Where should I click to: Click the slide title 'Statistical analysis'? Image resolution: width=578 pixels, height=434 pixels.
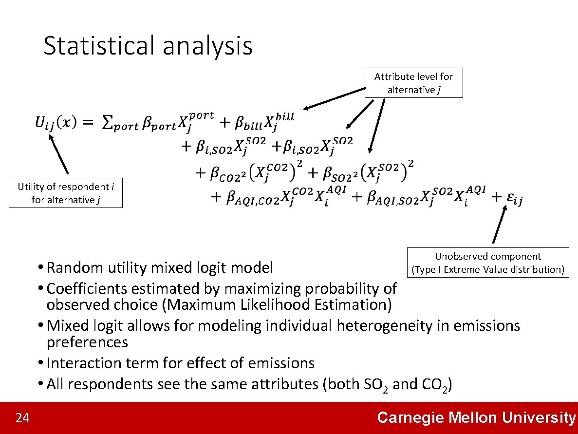coord(148,46)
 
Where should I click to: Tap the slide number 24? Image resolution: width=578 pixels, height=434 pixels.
coord(22,418)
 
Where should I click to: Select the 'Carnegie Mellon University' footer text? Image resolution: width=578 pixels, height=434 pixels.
coord(476,417)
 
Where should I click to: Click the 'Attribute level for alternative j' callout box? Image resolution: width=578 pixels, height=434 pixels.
coord(413,83)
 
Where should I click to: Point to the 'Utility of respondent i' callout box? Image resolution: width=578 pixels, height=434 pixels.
coord(65,193)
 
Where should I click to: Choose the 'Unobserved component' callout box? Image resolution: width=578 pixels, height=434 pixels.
coord(488,263)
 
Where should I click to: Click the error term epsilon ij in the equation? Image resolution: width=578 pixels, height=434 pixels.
coord(515,198)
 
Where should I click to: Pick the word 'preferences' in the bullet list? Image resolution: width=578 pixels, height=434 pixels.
coord(87,342)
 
